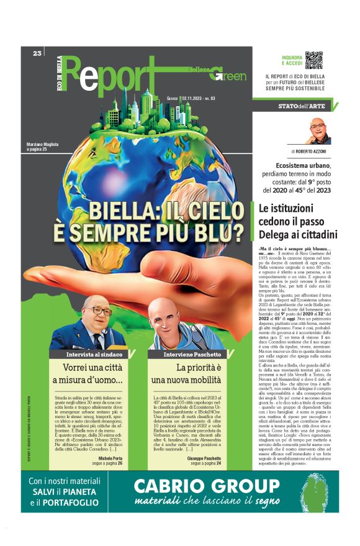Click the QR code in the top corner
313,60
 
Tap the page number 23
37,53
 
